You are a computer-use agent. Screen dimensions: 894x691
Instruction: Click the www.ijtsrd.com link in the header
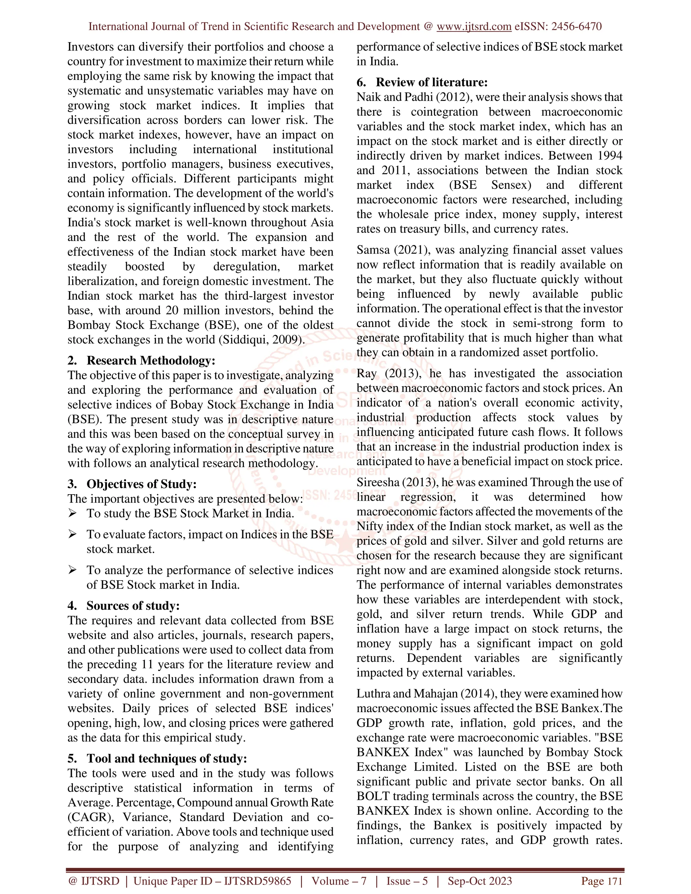pyautogui.click(x=474, y=27)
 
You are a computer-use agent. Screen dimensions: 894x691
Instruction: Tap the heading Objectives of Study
pyautogui.click(x=141, y=484)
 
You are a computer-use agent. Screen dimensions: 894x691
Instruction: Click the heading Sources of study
pyautogui.click(x=133, y=606)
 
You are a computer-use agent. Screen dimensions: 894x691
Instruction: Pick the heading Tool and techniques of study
pyautogui.click(x=167, y=758)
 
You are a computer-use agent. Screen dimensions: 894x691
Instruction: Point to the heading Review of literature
pyautogui.click(x=432, y=82)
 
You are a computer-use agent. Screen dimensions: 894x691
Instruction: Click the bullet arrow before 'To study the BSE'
pyautogui.click(x=73, y=513)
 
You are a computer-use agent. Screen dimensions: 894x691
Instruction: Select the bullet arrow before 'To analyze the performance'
pyautogui.click(x=73, y=570)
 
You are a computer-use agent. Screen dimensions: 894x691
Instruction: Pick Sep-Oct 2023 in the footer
pyautogui.click(x=479, y=881)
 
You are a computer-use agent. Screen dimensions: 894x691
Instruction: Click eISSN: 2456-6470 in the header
pyautogui.click(x=558, y=27)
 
